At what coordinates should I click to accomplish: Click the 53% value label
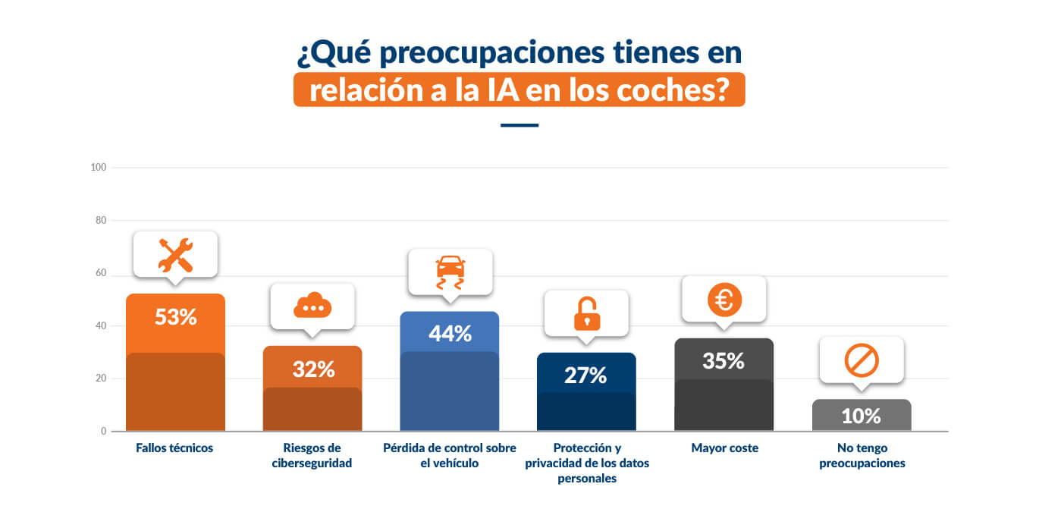point(176,317)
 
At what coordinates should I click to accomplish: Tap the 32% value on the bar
point(313,369)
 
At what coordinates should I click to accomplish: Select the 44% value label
point(450,333)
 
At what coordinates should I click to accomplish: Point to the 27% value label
point(586,375)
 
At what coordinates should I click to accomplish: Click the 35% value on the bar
point(724,361)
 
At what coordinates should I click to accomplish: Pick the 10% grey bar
point(861,415)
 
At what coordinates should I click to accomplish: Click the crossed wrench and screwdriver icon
point(176,255)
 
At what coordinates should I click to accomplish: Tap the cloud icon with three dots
point(312,306)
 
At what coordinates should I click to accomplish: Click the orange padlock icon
point(586,313)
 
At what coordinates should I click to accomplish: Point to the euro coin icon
point(724,300)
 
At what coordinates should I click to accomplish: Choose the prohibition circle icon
point(862,360)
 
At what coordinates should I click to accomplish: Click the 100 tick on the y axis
point(98,168)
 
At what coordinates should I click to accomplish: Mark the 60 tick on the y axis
point(100,273)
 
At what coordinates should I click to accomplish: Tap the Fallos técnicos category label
point(174,448)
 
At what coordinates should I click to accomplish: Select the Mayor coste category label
point(724,448)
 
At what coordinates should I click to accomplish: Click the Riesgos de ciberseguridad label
point(312,455)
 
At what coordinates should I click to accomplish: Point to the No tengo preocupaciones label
point(862,455)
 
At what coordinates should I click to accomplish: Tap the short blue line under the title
point(519,125)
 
